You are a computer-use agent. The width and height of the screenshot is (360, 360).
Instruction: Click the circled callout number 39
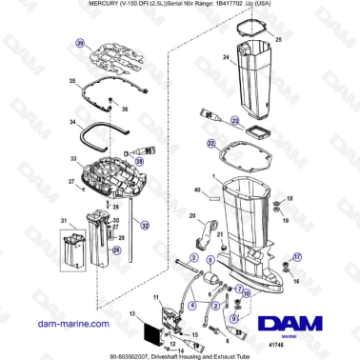(x=80, y=44)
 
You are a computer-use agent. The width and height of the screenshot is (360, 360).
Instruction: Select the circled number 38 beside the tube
(x=140, y=162)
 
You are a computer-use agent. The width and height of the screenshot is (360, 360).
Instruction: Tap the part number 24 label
(x=226, y=57)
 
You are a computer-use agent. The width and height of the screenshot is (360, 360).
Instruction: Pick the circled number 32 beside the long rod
(x=144, y=226)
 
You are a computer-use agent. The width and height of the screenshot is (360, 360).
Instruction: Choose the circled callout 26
(x=117, y=250)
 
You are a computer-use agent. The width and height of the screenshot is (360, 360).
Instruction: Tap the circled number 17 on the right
(x=296, y=256)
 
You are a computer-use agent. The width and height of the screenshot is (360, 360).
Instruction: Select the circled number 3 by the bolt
(x=194, y=257)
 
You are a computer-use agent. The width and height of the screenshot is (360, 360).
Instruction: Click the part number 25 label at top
(x=278, y=40)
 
